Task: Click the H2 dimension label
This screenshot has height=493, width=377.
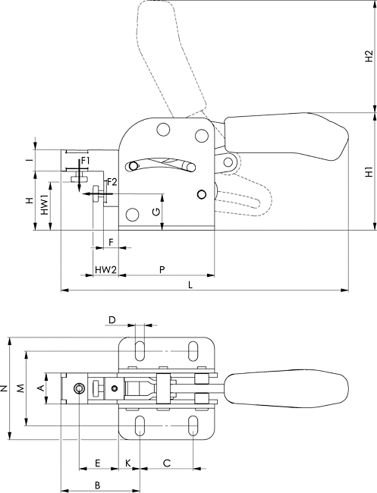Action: tap(369, 55)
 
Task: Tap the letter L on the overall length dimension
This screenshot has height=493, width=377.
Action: tap(190, 285)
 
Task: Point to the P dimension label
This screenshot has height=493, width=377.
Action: tap(162, 270)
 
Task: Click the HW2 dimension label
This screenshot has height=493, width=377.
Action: tap(105, 270)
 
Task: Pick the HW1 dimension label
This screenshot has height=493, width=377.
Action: tap(46, 205)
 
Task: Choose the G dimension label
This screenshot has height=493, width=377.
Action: tap(156, 212)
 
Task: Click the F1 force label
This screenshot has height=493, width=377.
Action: tap(85, 162)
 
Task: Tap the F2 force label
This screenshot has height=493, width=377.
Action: tap(112, 182)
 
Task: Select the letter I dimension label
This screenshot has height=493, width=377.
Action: tap(30, 160)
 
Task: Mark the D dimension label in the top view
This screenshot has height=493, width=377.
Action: tap(112, 320)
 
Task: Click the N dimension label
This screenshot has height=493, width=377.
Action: tap(4, 388)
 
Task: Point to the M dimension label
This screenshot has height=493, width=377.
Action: tap(20, 388)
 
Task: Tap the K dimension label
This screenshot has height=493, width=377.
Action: tap(127, 463)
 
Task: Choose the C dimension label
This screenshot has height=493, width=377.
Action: tap(167, 463)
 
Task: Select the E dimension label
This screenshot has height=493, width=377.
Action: tap(97, 463)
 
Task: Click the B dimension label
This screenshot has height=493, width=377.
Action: tap(97, 485)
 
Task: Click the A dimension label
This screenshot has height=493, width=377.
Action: tap(41, 388)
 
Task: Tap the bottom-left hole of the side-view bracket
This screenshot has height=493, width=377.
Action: tap(132, 215)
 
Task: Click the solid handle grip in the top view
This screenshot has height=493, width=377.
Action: tap(286, 388)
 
